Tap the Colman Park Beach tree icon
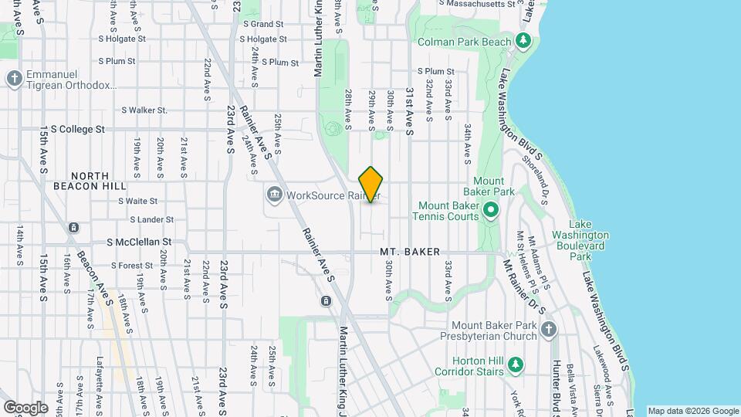click(523, 39)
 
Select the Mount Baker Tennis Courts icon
click(489, 210)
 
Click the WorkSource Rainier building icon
click(273, 195)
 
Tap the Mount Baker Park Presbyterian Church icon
click(548, 331)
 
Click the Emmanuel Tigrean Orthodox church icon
click(14, 78)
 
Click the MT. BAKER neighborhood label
click(410, 253)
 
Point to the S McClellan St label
click(137, 242)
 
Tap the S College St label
click(73, 129)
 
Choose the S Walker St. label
click(144, 110)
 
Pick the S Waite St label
click(138, 201)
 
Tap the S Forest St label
click(126, 266)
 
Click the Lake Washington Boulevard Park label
click(581, 246)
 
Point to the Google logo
click(25, 408)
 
